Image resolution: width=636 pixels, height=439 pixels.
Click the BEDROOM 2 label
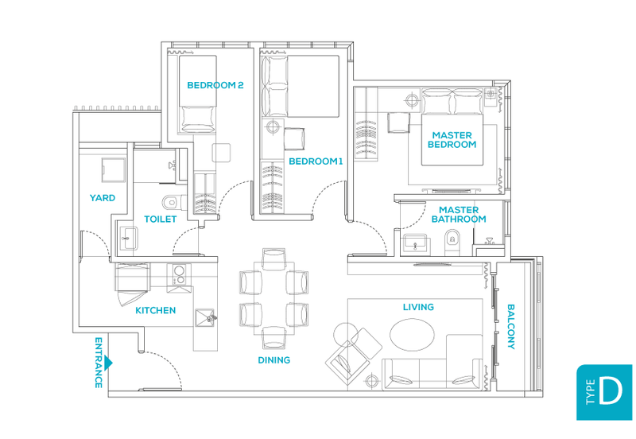pyautogui.click(x=215, y=85)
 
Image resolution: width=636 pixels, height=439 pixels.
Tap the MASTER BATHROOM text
pyautogui.click(x=459, y=215)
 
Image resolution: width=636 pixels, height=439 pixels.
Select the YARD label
pyautogui.click(x=103, y=198)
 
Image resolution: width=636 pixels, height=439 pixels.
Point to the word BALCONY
pyautogui.click(x=511, y=327)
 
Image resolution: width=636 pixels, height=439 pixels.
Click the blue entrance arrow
pyautogui.click(x=108, y=363)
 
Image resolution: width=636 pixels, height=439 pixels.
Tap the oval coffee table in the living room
pyautogui.click(x=412, y=335)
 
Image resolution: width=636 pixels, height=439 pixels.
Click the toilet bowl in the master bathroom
pyautogui.click(x=452, y=242)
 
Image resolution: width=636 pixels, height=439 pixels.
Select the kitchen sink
pyautogui.click(x=205, y=318)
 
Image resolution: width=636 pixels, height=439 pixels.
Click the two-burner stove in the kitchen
pyautogui.click(x=179, y=274)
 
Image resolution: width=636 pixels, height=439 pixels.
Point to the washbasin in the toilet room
pyautogui.click(x=129, y=238)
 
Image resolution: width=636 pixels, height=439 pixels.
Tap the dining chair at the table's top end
pyautogui.click(x=273, y=258)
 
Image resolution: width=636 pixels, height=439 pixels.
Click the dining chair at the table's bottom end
pyautogui.click(x=273, y=338)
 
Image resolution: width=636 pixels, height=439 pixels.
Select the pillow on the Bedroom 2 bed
pyautogui.click(x=197, y=118)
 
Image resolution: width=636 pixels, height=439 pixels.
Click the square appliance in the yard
pyautogui.click(x=113, y=170)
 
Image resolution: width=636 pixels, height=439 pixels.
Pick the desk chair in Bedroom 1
pyautogui.click(x=294, y=138)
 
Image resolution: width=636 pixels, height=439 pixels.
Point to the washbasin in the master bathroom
pyautogui.click(x=414, y=244)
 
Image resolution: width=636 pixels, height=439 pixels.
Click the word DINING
pyautogui.click(x=274, y=360)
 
